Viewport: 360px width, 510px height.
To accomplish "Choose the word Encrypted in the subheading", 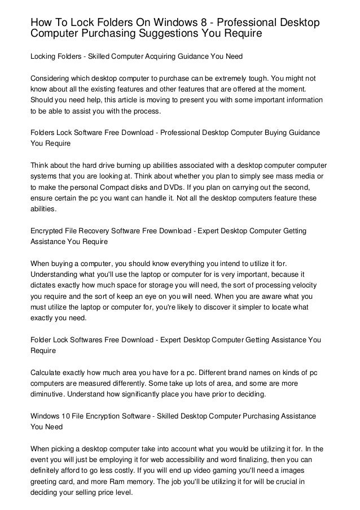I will point(49,232).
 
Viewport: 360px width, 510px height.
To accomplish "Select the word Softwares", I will point(87,339).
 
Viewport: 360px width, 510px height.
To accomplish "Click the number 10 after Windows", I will point(67,416).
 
